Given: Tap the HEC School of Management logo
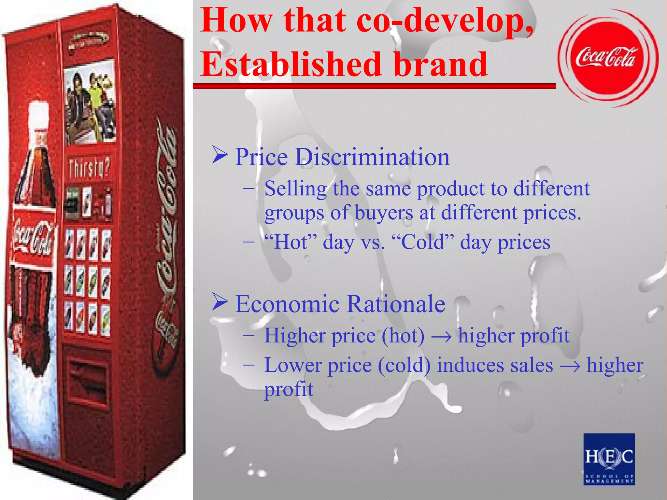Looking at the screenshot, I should point(609,459).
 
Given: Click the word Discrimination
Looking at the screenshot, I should point(372,157).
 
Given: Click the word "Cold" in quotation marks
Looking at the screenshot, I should point(422,242).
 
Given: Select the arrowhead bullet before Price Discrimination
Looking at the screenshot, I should point(220,155).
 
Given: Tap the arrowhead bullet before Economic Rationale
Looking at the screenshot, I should point(220,302).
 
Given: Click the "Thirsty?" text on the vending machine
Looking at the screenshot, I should point(89,168).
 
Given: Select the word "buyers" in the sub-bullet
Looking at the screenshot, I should point(384,213).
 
